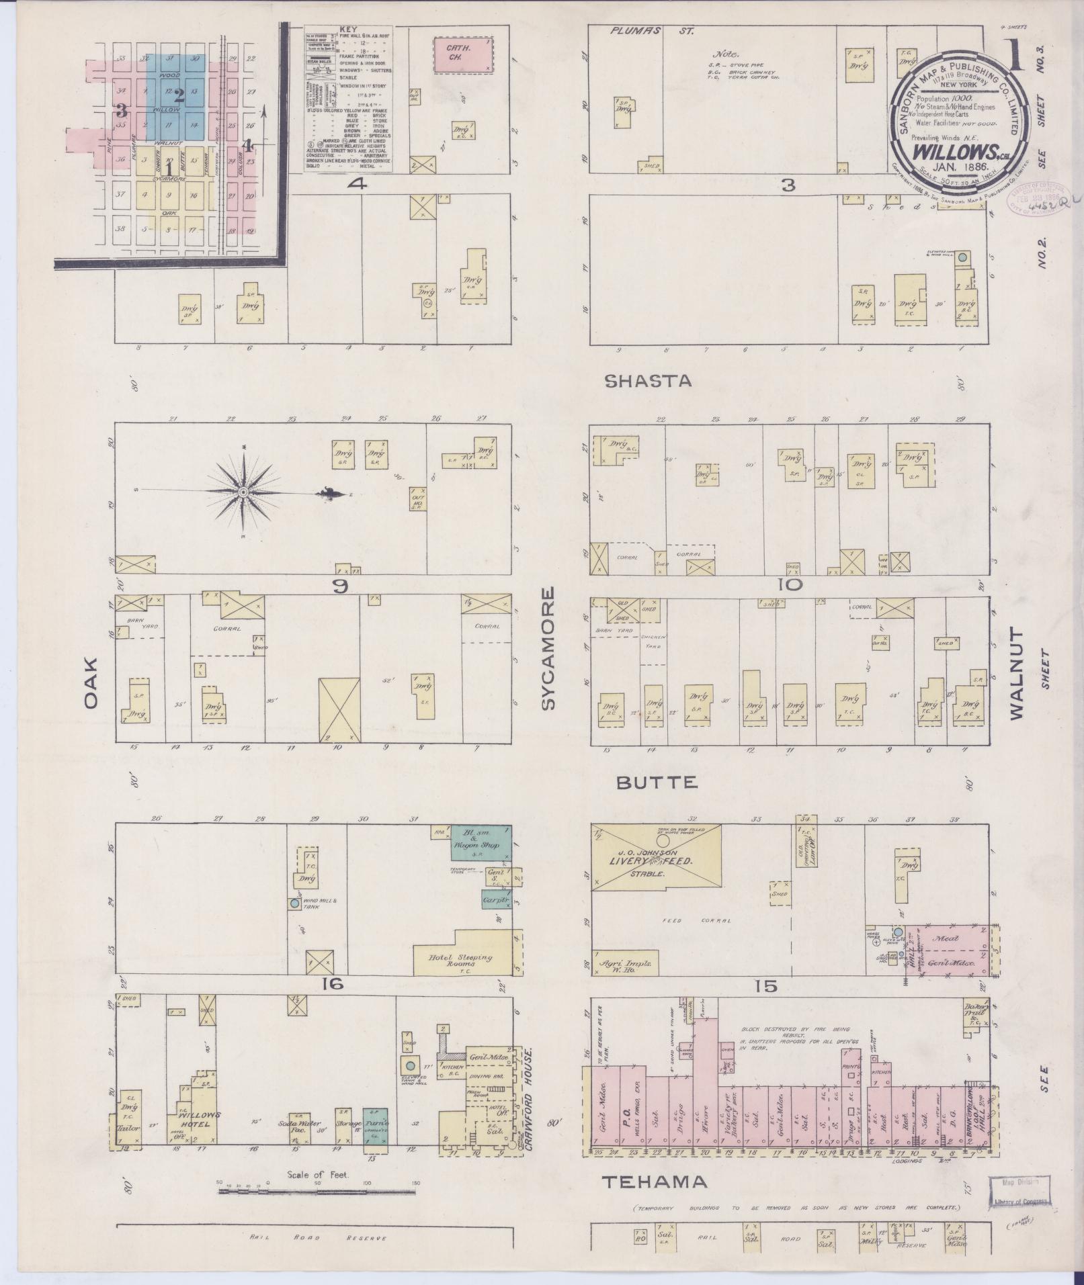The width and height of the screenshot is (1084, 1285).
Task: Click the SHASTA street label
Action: tap(648, 382)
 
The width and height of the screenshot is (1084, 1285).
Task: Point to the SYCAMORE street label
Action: tap(549, 648)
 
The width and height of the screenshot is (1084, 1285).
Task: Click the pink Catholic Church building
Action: tap(461, 53)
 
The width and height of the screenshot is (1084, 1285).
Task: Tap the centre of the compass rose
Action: tap(243, 493)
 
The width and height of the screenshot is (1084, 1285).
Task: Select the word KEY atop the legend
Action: tap(348, 31)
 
